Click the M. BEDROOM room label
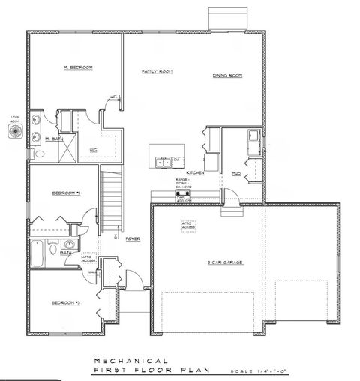click(77, 67)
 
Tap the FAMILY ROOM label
click(157, 71)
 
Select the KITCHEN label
click(196, 172)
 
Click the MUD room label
click(235, 173)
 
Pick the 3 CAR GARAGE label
click(224, 262)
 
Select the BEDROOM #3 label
click(65, 302)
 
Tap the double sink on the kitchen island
click(161, 160)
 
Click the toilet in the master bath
click(39, 153)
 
